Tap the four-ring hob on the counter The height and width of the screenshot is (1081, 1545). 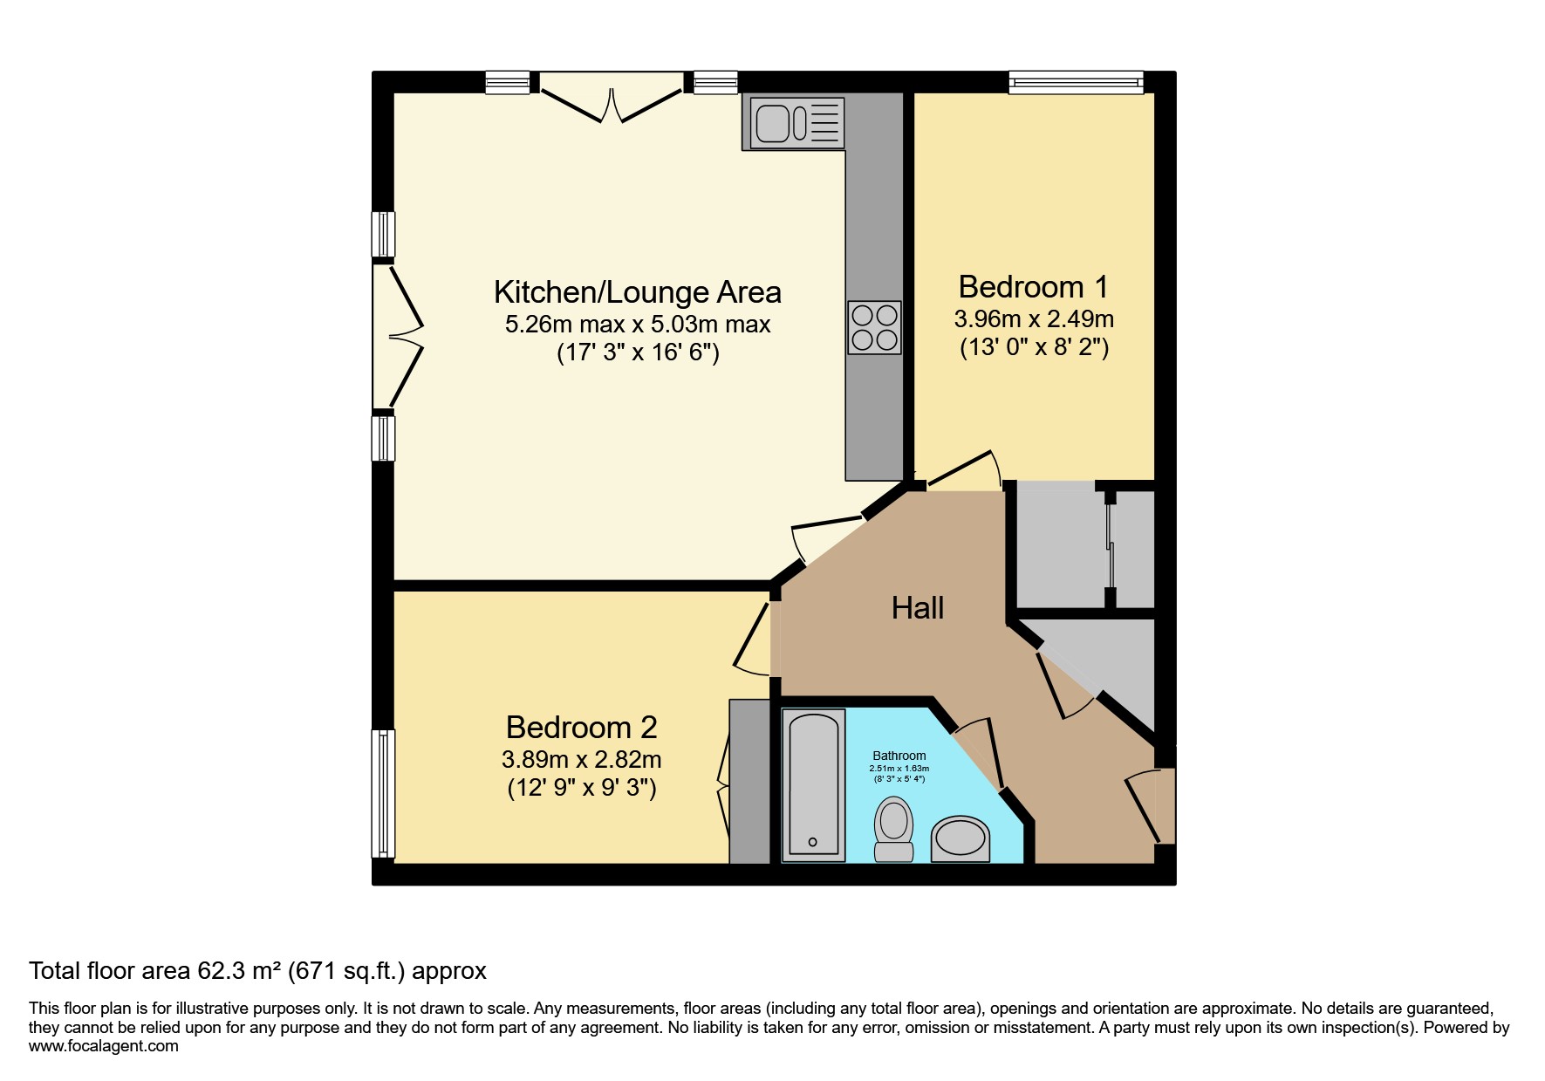pyautogui.click(x=873, y=327)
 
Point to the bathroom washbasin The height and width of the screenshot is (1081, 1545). pyautogui.click(x=961, y=839)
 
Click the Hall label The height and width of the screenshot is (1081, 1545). pyautogui.click(x=918, y=607)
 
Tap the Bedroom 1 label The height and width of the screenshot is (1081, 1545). pyautogui.click(x=1033, y=286)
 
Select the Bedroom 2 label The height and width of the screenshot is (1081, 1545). pyautogui.click(x=581, y=727)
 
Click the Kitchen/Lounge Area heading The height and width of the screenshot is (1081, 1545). pyautogui.click(x=637, y=291)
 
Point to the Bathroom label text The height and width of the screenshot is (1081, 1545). pyautogui.click(x=899, y=756)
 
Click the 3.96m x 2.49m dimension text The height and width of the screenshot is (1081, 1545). pyautogui.click(x=1034, y=318)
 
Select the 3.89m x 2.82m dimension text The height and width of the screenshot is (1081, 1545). pyautogui.click(x=582, y=759)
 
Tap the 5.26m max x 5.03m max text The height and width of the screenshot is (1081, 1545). pyautogui.click(x=638, y=325)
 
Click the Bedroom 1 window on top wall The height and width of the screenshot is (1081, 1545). pyautogui.click(x=1076, y=82)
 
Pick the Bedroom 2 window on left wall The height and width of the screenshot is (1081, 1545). pyautogui.click(x=383, y=793)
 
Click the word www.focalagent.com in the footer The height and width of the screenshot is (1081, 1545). pyautogui.click(x=104, y=1046)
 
